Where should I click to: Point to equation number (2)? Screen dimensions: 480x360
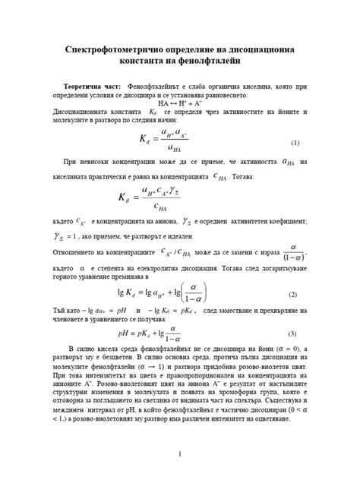click(292, 294)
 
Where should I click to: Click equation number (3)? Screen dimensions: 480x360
click(292, 335)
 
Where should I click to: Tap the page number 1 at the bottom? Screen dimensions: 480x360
click(180, 454)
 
